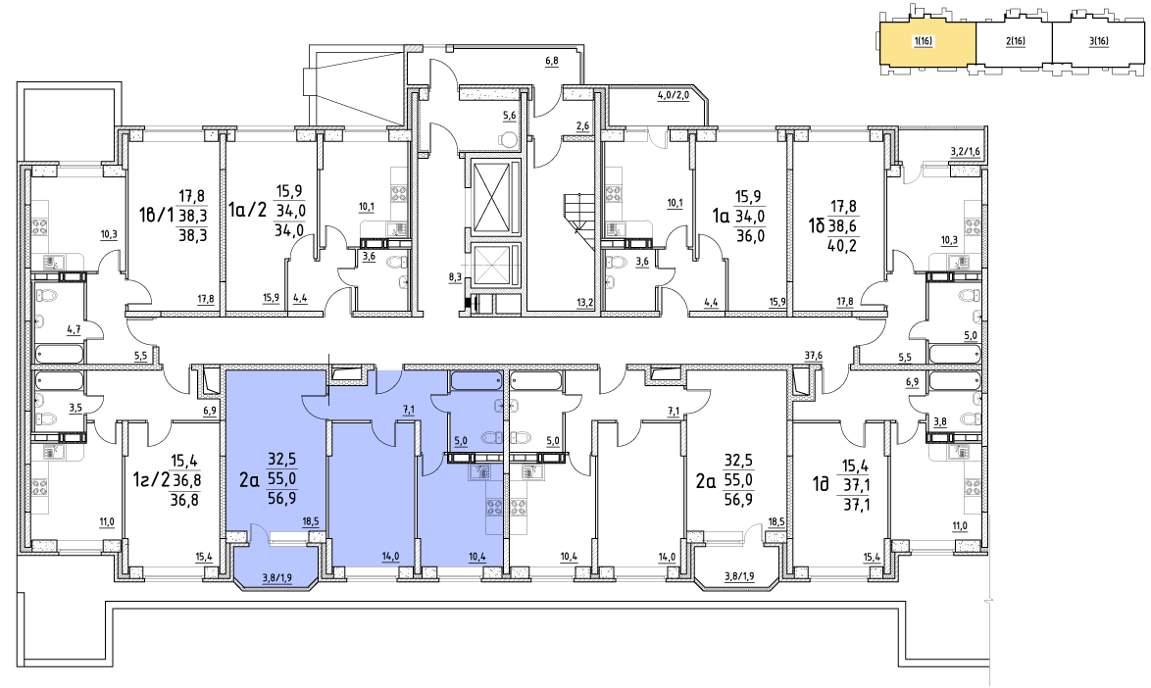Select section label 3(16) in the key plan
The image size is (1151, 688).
(x=1099, y=41)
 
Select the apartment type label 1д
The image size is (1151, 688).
(x=820, y=480)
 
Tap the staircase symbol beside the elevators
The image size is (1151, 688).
(x=577, y=221)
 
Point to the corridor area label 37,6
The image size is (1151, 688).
(x=812, y=356)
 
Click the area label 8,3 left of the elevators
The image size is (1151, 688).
(x=454, y=277)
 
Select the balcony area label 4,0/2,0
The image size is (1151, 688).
(x=674, y=95)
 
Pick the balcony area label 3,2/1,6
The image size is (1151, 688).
(x=965, y=151)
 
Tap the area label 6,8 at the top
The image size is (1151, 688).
(x=552, y=61)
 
